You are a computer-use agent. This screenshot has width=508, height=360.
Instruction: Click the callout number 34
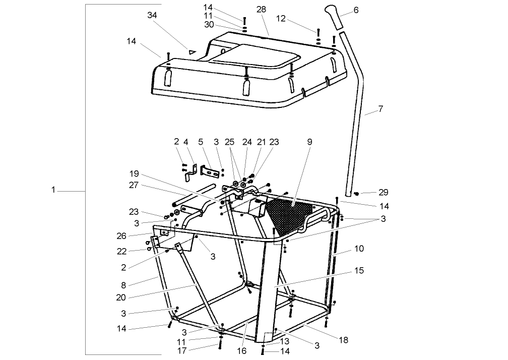(x=152, y=15)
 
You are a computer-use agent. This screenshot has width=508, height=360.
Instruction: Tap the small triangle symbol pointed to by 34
(x=192, y=51)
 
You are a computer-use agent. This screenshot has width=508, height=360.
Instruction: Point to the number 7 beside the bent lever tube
(x=380, y=109)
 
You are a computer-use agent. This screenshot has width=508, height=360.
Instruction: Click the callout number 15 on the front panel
(x=359, y=271)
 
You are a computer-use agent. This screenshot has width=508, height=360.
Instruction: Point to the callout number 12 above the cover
(x=281, y=19)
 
